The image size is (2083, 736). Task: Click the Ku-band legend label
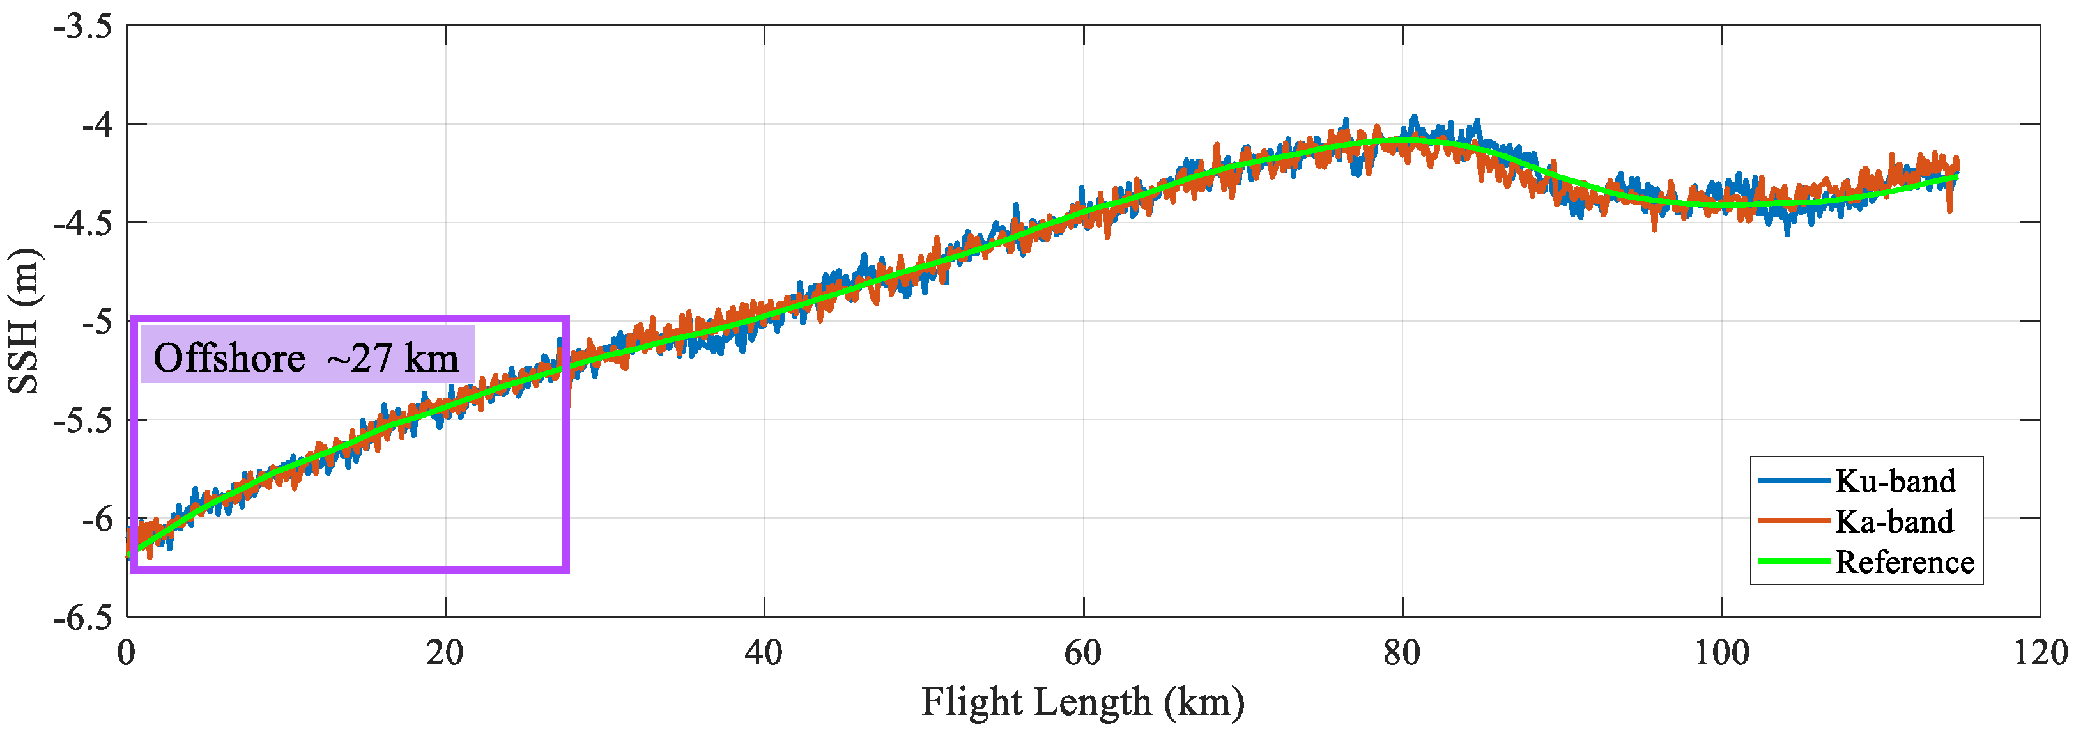pyautogui.click(x=1895, y=482)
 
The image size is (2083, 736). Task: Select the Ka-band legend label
pyautogui.click(x=1895, y=522)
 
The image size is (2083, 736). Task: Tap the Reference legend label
pyautogui.click(x=1904, y=562)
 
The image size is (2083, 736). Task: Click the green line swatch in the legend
pyautogui.click(x=1793, y=561)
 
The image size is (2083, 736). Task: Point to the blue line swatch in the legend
pyautogui.click(x=1793, y=480)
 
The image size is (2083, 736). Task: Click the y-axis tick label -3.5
pyautogui.click(x=82, y=27)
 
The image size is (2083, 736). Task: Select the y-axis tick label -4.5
pyautogui.click(x=82, y=223)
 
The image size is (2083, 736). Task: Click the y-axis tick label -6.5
pyautogui.click(x=82, y=618)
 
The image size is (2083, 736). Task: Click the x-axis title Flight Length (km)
pyautogui.click(x=1083, y=702)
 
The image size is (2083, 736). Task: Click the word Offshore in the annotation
pyautogui.click(x=229, y=358)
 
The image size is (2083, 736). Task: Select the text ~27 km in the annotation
pyautogui.click(x=392, y=358)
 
